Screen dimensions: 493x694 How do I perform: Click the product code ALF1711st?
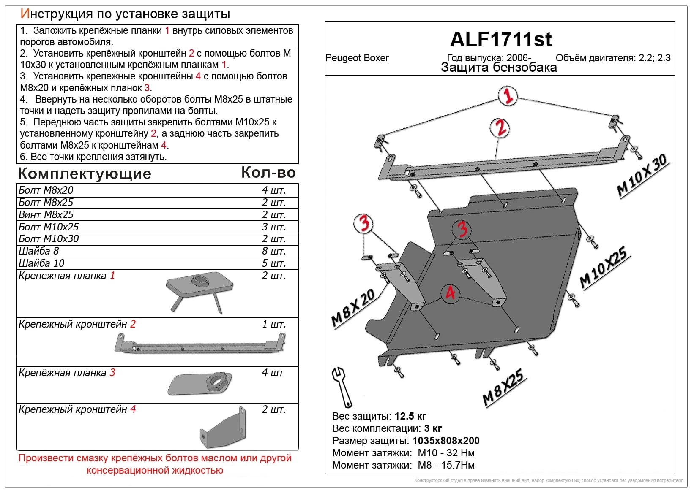(x=500, y=40)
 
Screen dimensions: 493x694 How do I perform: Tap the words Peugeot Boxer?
(x=357, y=58)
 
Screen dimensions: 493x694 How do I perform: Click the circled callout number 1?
(x=507, y=96)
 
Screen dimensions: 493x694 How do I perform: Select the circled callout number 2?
(x=500, y=128)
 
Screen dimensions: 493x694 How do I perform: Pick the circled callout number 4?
(x=450, y=293)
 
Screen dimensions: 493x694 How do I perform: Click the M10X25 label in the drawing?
(x=604, y=268)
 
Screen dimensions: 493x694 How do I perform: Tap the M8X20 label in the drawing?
(x=353, y=308)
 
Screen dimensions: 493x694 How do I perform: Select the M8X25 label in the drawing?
(x=503, y=388)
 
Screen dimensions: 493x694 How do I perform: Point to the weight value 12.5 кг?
(x=410, y=417)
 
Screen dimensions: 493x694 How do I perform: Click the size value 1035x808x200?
(x=446, y=441)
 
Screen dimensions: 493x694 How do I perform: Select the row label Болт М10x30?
(x=49, y=239)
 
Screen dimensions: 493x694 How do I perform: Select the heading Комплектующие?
(x=85, y=174)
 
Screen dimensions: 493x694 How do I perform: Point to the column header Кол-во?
(x=268, y=173)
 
